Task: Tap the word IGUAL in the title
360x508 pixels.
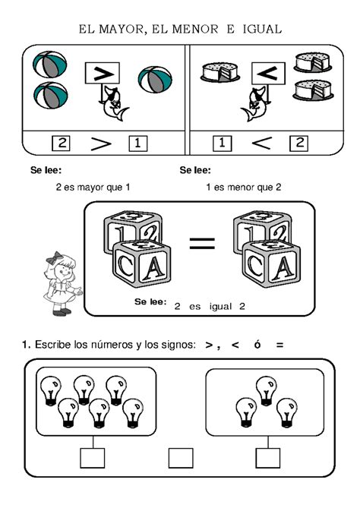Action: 261,29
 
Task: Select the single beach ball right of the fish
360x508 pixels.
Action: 154,80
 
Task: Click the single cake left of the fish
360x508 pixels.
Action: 219,73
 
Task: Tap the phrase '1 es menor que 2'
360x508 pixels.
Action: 243,187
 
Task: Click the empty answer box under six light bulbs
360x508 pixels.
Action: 92,458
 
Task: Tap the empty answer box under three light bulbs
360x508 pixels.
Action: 267,458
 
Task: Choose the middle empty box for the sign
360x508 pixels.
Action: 181,458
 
